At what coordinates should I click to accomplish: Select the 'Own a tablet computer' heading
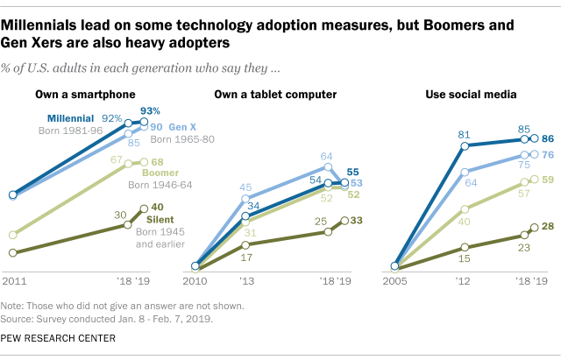pos(270,94)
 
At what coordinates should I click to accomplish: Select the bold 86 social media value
pos(548,138)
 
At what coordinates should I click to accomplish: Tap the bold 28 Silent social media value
pos(548,227)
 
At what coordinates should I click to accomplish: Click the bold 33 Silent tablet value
pos(357,222)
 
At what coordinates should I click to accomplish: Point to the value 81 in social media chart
pos(465,134)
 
